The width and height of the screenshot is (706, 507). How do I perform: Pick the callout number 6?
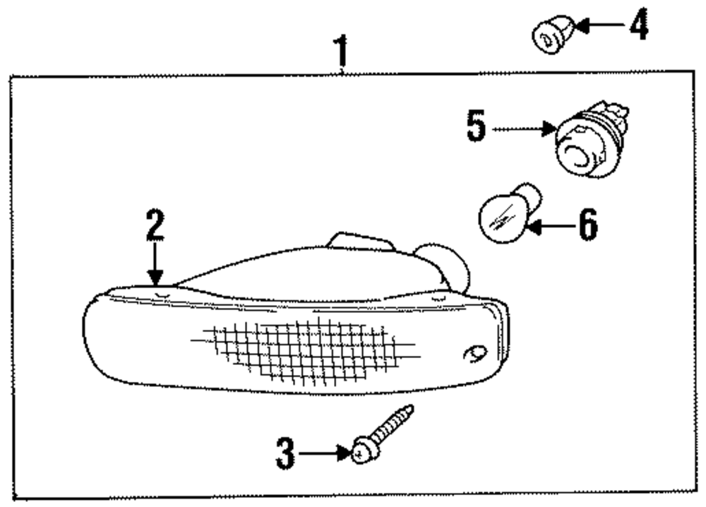click(x=587, y=226)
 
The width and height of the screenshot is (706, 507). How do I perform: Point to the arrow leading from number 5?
click(x=522, y=130)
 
